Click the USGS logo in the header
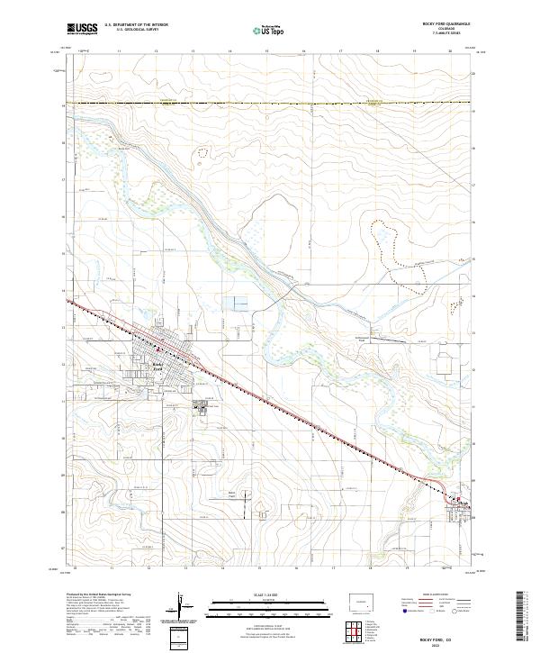(81, 29)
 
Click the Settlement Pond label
(358, 340)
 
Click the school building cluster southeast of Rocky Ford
(203, 407)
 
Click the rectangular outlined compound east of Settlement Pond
(444, 364)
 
